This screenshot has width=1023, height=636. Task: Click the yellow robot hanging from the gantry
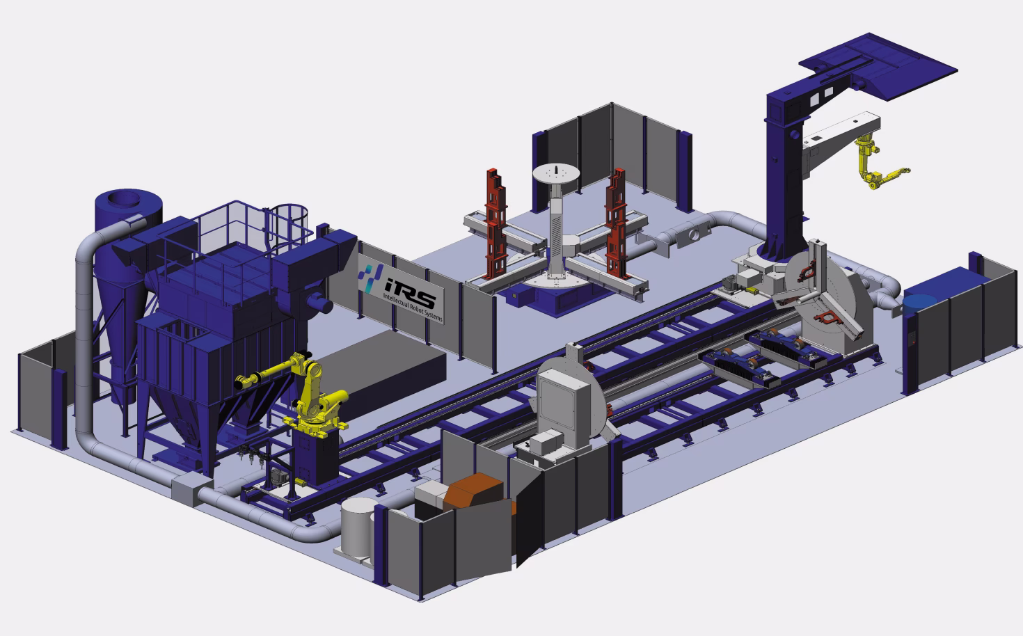[874, 164]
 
